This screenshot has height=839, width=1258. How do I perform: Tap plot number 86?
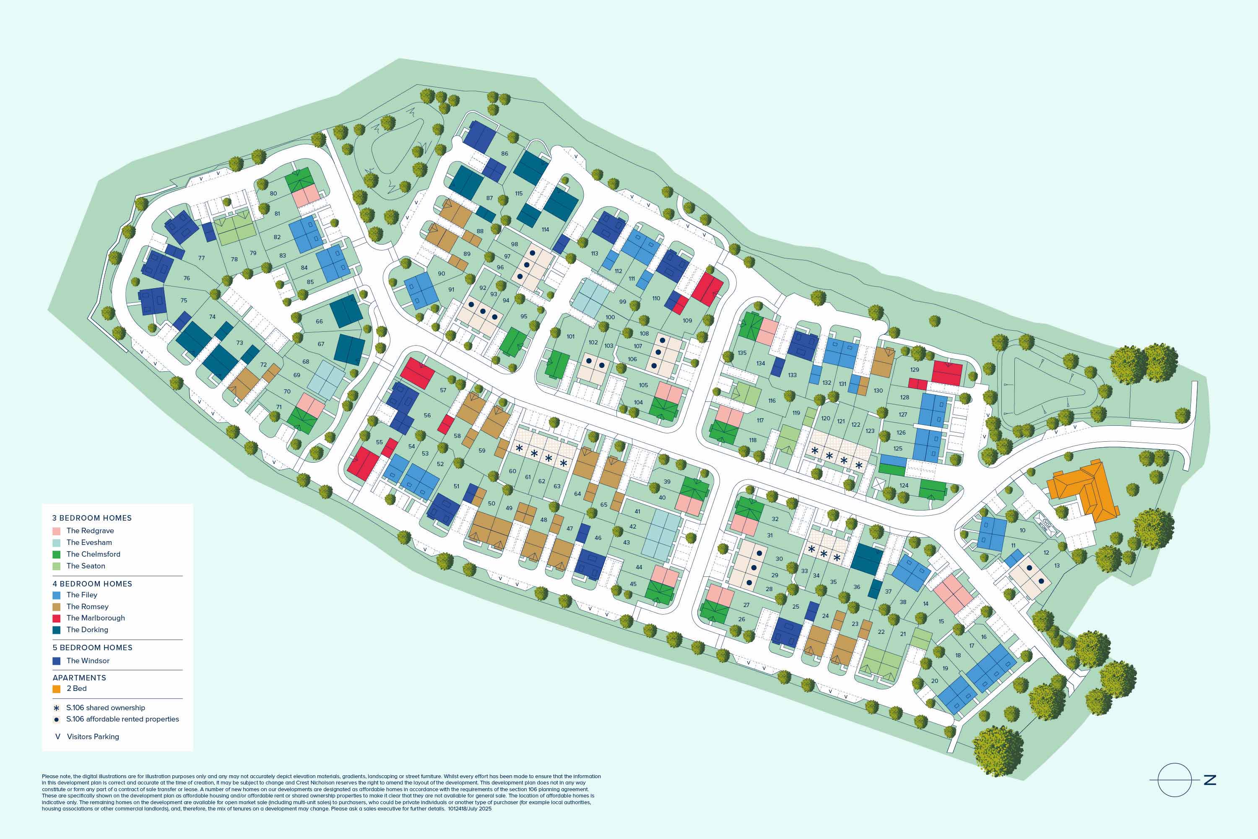[504, 154]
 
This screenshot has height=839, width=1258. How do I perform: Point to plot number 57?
[443, 390]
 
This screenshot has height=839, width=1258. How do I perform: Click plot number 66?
[319, 322]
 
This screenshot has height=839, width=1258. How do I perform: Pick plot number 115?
[519, 194]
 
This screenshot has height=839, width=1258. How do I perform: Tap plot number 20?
[934, 681]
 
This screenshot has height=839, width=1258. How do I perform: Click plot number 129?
[915, 370]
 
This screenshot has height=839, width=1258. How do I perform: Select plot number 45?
[633, 584]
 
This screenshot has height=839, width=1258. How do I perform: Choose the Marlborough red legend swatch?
[56, 618]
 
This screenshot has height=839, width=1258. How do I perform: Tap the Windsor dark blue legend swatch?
[56, 661]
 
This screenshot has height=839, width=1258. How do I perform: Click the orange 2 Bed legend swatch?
[56, 689]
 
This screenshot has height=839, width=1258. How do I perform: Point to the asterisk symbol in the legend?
[56, 708]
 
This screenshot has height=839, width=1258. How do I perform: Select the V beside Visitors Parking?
[58, 737]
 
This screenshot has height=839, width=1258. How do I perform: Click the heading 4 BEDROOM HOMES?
[92, 584]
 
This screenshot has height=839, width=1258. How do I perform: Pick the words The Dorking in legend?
[87, 630]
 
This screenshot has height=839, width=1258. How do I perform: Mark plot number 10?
[1022, 530]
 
